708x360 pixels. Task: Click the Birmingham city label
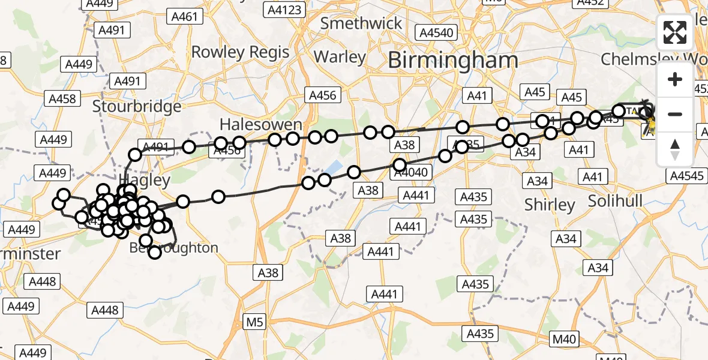[452, 60]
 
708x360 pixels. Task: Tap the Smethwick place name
[361, 23]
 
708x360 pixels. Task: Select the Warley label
[340, 57]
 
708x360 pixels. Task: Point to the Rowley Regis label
[240, 52]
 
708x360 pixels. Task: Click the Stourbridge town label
[137, 107]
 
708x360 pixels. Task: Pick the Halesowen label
[260, 125]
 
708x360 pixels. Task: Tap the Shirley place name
[550, 205]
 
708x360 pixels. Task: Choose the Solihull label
[615, 200]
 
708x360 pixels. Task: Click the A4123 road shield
[286, 10]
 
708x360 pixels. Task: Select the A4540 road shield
[437, 32]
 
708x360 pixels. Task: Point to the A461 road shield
[184, 17]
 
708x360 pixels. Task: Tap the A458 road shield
[62, 98]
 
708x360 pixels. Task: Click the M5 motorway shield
[255, 323]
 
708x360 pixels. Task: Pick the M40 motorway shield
[564, 339]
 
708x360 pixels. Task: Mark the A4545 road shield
[687, 176]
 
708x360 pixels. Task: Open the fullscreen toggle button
[675, 32]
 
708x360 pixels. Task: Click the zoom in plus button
[675, 79]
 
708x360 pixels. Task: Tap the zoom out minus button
[675, 114]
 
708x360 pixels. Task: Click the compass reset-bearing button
[675, 149]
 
